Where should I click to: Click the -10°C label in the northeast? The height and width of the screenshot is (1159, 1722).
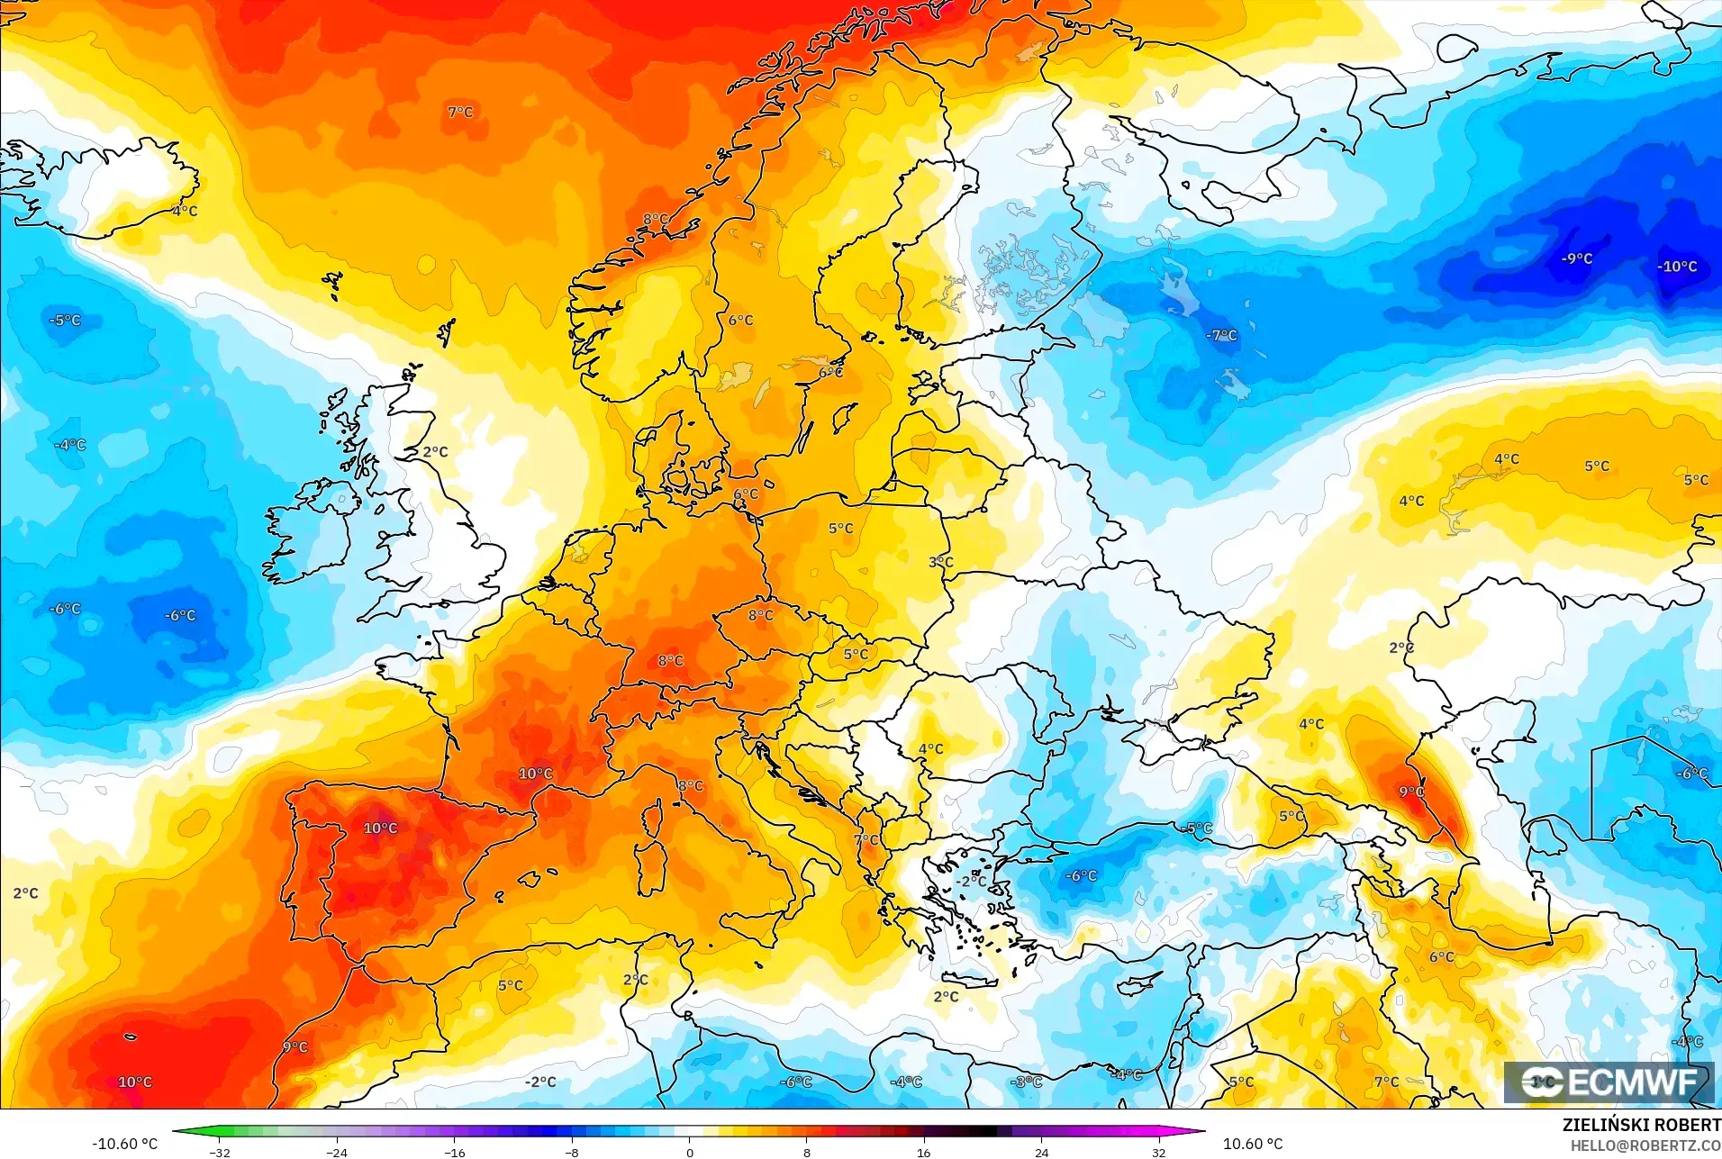pyautogui.click(x=1677, y=267)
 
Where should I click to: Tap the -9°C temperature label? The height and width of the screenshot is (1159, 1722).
pyautogui.click(x=1576, y=258)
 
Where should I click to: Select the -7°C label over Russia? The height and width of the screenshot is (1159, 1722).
pyautogui.click(x=1221, y=335)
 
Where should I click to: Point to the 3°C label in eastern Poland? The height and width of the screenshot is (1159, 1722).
pyautogui.click(x=940, y=562)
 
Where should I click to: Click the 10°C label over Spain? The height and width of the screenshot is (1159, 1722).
pyautogui.click(x=380, y=828)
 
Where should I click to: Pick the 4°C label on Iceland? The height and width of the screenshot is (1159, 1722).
pyautogui.click(x=185, y=211)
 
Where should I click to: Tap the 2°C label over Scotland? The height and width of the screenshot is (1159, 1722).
pyautogui.click(x=435, y=452)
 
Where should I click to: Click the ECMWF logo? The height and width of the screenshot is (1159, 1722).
pyautogui.click(x=1609, y=1082)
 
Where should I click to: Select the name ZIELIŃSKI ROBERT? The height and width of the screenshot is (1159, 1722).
pyautogui.click(x=1641, y=1125)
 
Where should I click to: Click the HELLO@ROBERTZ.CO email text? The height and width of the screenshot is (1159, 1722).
pyautogui.click(x=1645, y=1145)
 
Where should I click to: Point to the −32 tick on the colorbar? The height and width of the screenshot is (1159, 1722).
pyautogui.click(x=220, y=1152)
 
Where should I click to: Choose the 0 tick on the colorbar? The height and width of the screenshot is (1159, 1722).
pyautogui.click(x=689, y=1152)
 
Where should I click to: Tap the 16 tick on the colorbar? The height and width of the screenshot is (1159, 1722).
pyautogui.click(x=923, y=1152)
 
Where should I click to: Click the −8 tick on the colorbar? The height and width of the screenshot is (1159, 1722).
pyautogui.click(x=572, y=1152)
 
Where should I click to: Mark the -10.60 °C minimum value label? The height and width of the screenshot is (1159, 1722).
pyautogui.click(x=124, y=1144)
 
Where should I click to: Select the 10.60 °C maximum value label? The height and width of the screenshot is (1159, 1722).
pyautogui.click(x=1252, y=1144)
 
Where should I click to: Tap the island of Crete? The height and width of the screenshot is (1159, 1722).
pyautogui.click(x=969, y=980)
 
